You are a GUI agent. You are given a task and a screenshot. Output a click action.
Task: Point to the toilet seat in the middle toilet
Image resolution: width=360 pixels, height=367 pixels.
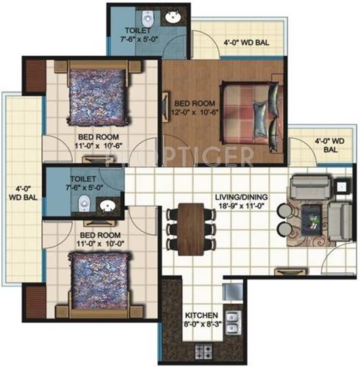[x=86, y=203]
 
